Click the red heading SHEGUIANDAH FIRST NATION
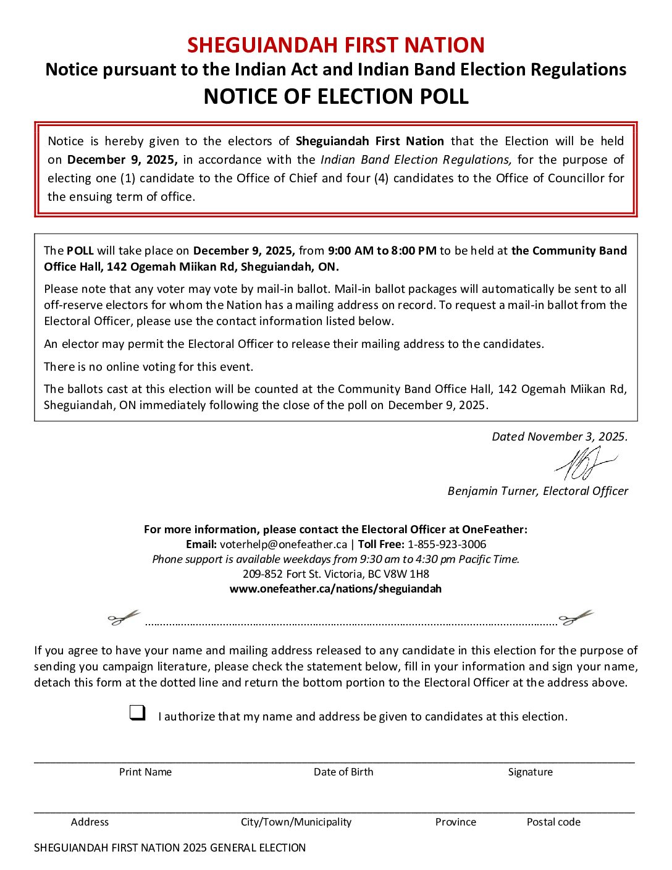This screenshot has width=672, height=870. click(x=336, y=45)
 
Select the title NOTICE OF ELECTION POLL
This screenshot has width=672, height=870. click(x=336, y=96)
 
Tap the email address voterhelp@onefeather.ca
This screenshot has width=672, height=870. click(x=283, y=544)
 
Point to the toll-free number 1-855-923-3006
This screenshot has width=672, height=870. click(x=447, y=544)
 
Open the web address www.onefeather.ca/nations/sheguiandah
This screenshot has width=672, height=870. click(x=335, y=589)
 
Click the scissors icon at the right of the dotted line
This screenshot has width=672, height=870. click(x=575, y=617)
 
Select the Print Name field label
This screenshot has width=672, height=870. click(x=145, y=772)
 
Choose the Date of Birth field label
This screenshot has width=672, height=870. click(x=343, y=772)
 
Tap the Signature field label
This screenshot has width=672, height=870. click(x=530, y=772)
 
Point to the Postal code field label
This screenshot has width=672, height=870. click(x=553, y=822)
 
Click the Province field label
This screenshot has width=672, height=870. click(x=455, y=822)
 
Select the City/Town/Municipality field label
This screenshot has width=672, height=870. click(x=296, y=822)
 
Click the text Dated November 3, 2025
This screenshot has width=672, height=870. click(x=559, y=436)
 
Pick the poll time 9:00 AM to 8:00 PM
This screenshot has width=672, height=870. click(x=382, y=251)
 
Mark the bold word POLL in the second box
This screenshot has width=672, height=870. click(x=80, y=251)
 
